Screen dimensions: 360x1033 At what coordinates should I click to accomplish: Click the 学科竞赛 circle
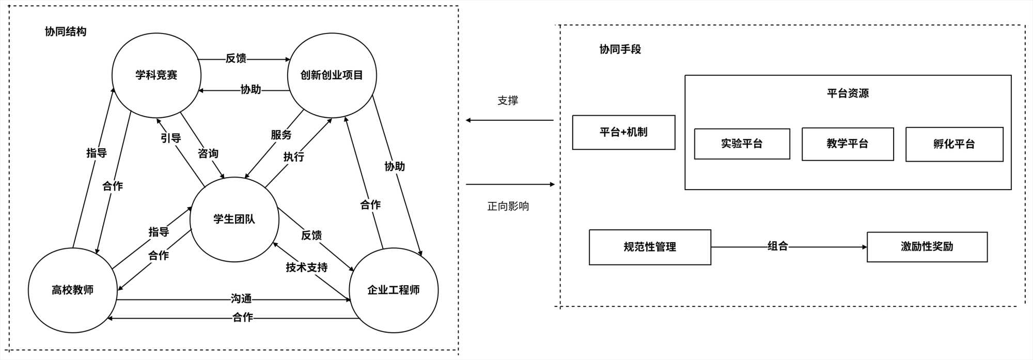(156, 75)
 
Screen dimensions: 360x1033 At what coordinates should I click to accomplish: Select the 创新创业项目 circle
(332, 75)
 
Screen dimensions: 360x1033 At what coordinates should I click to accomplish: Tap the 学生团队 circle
(234, 219)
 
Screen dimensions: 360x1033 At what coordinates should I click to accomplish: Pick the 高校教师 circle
(72, 290)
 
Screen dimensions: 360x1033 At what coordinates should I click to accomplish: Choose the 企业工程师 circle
(394, 290)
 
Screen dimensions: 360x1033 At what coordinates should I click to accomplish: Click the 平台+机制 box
(623, 132)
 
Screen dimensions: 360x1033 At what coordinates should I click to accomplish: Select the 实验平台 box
(742, 144)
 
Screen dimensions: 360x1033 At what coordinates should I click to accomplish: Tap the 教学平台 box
(847, 144)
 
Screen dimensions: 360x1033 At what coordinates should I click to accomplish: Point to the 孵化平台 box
(954, 144)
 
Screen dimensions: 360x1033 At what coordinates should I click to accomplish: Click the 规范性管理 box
(650, 247)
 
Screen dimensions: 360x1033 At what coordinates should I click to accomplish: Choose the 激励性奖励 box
(927, 247)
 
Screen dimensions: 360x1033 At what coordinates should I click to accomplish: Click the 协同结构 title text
(66, 32)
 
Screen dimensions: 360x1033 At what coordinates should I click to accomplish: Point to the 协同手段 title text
(620, 49)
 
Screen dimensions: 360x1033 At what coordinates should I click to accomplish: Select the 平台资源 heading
(848, 93)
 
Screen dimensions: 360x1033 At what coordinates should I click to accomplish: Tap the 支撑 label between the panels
(508, 101)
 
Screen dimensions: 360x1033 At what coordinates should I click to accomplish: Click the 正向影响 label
(508, 206)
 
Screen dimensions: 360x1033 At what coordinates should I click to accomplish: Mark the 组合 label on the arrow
(777, 246)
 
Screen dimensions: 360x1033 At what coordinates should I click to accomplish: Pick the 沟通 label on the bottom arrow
(241, 299)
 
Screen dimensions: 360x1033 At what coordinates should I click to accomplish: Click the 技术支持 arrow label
(307, 267)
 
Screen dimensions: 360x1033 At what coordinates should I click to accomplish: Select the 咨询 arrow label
(208, 153)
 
